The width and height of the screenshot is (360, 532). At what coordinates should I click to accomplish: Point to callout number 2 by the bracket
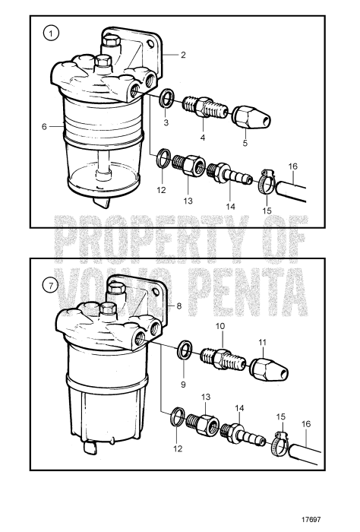(183, 55)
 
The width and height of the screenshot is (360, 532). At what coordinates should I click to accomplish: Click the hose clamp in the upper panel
(267, 181)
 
